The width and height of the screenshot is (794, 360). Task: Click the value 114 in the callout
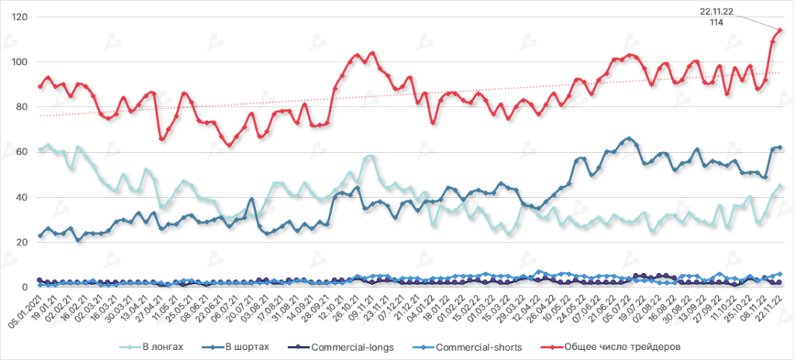point(717,22)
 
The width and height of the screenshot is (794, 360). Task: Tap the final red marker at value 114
point(779,30)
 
